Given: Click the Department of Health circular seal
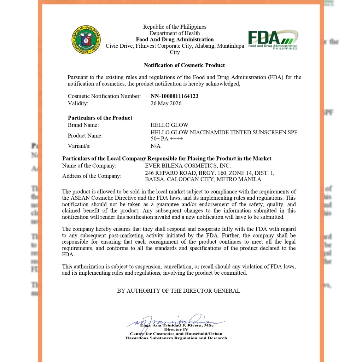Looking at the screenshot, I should coord(86,40).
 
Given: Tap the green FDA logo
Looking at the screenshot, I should coord(273,40).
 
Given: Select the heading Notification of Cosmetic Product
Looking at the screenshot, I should coord(184,65).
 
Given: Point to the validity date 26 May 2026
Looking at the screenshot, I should coord(166,103).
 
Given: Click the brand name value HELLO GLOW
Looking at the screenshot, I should coord(169,125).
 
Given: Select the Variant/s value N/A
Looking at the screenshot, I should coord(156,146).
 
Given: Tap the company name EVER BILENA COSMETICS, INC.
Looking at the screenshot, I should coord(188,165).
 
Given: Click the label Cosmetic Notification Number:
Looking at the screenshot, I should coord(104,96).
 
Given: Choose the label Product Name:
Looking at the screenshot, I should coord(85,135).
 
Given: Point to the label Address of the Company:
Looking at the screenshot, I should coord(92,176).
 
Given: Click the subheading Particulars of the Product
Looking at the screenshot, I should coord(100,118).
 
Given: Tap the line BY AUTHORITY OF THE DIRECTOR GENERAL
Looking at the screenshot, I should coord(179,291).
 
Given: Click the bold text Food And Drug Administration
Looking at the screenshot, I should coord(175,40).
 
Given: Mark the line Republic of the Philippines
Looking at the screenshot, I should coord(175,27).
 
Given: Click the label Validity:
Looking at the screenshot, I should coord(78,103).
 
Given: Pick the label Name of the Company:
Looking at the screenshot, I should coord(89,165).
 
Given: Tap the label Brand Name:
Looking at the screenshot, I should coord(83,125).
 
